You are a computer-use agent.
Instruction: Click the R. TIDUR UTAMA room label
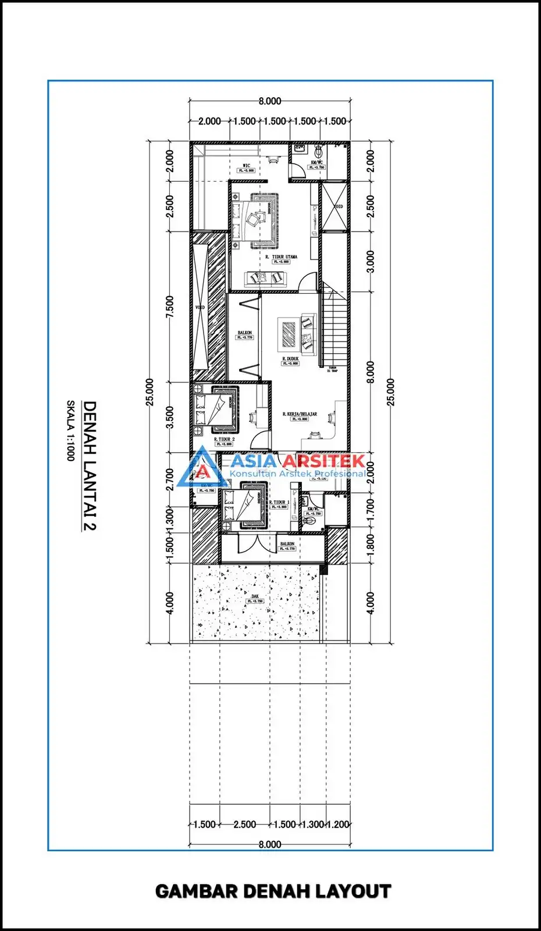[282, 257]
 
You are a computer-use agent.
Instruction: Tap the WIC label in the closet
[247, 166]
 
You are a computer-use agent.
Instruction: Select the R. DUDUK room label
[290, 359]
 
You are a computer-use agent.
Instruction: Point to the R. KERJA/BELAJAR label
[300, 414]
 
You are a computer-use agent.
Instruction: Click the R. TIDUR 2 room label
[225, 439]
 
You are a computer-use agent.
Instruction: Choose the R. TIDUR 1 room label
[279, 502]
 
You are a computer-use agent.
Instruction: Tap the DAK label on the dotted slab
[255, 596]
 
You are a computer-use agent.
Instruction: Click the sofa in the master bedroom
[265, 279]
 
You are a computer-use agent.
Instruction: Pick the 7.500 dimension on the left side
[170, 307]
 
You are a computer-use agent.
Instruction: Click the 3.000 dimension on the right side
[371, 261]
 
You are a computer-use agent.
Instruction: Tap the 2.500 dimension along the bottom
[244, 825]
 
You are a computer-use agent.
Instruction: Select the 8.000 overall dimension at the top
[270, 101]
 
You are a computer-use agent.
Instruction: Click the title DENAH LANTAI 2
[89, 465]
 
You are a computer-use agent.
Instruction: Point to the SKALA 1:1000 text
[70, 431]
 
